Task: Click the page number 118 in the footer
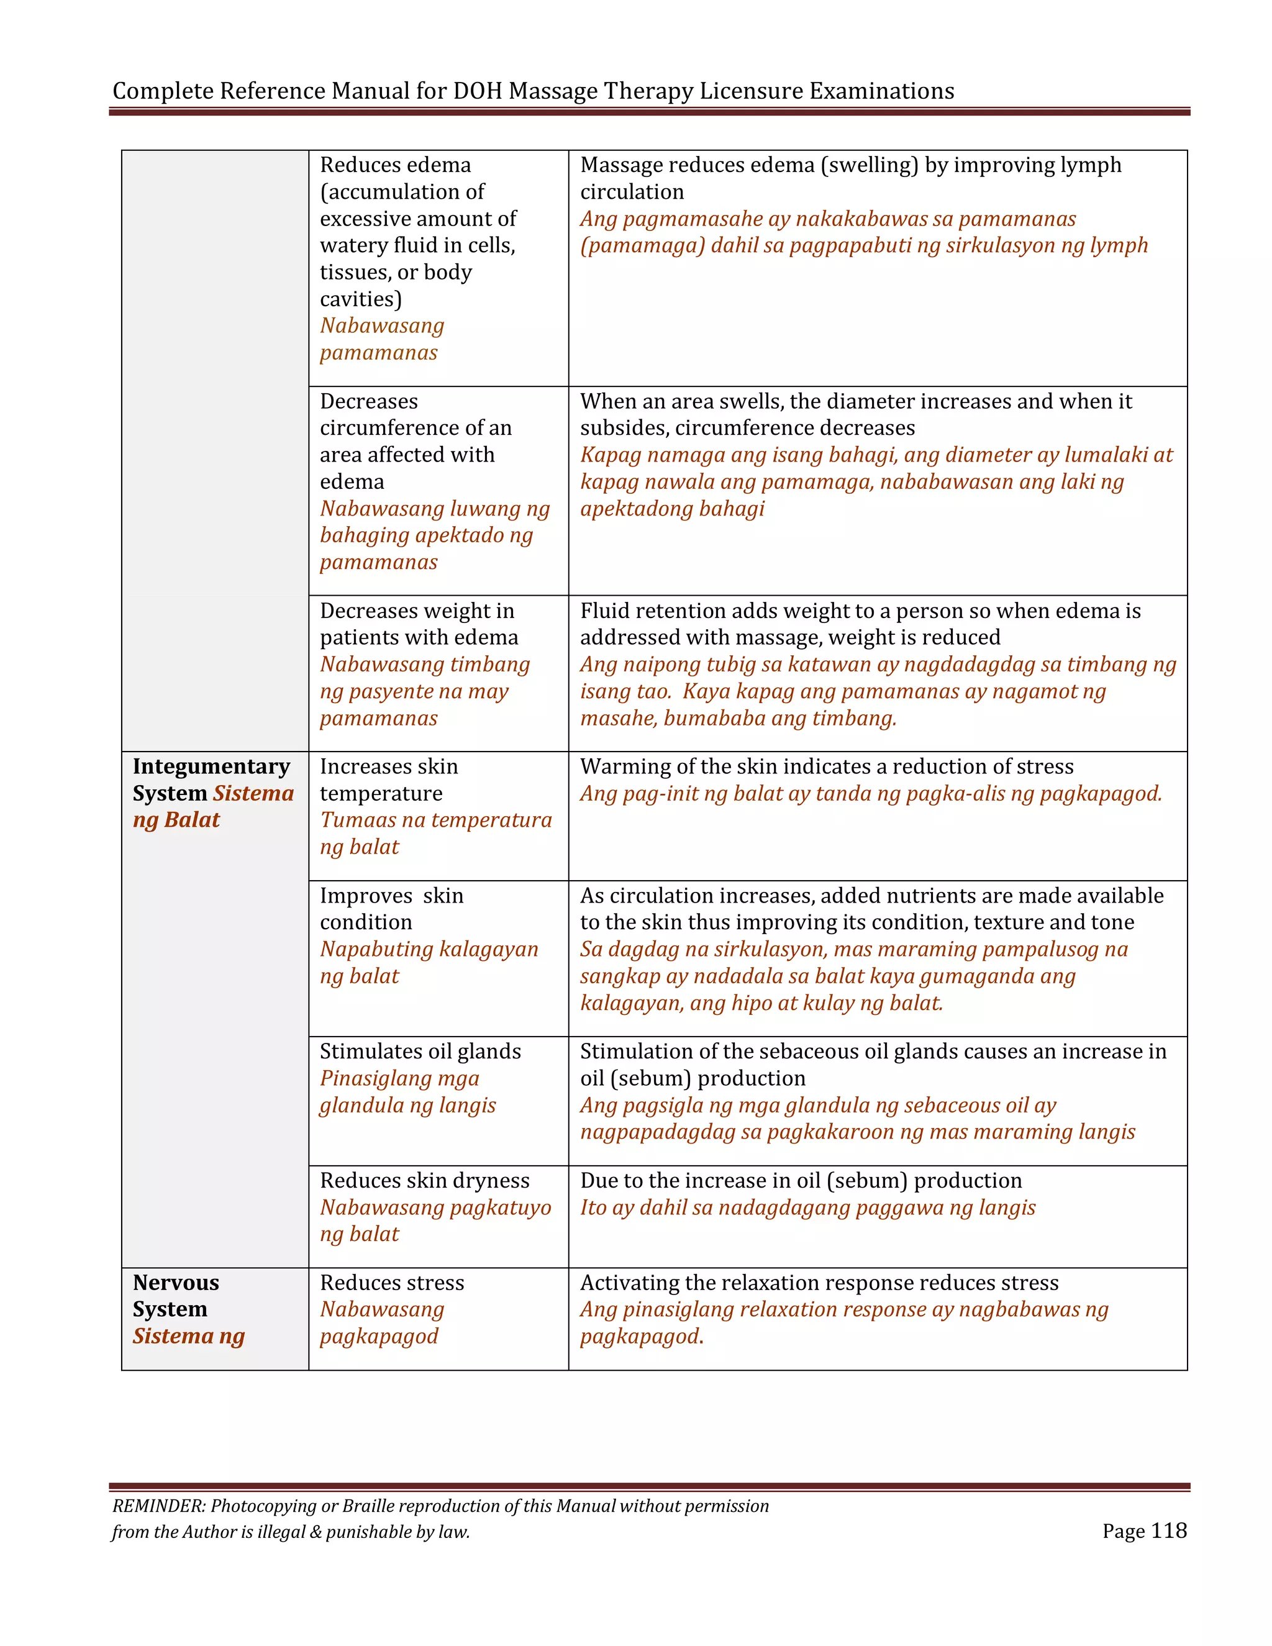coord(1169,1530)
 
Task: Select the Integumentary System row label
coord(211,780)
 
